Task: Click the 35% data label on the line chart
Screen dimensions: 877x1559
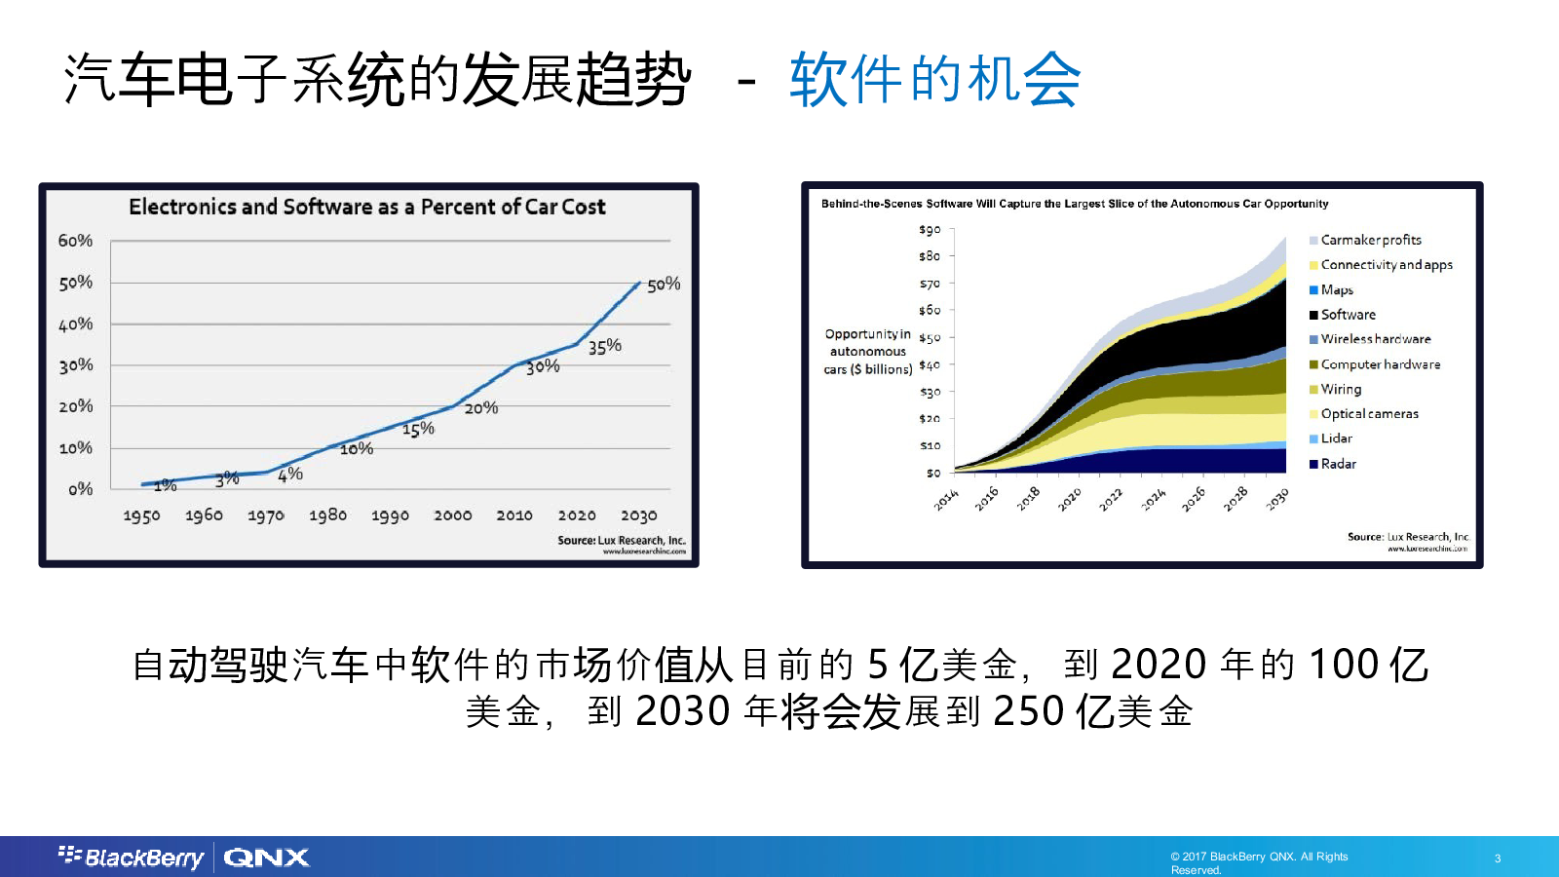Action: (604, 346)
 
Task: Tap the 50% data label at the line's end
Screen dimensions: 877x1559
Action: (664, 285)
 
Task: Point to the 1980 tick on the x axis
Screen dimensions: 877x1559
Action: (327, 515)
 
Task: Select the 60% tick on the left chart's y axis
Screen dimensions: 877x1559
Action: (75, 241)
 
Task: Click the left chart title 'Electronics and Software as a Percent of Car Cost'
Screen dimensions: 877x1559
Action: (366, 207)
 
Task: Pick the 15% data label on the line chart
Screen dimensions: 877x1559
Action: (418, 429)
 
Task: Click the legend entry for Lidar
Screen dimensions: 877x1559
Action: (1336, 438)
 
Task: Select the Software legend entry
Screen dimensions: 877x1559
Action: (1348, 315)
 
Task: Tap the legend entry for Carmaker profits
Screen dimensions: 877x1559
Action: (1370, 240)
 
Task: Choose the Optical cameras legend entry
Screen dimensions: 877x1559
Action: (1369, 414)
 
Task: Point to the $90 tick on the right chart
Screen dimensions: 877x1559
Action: (930, 230)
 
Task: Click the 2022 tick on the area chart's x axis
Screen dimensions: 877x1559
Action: (1111, 500)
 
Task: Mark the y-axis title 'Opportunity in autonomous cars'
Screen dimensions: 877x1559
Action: (867, 352)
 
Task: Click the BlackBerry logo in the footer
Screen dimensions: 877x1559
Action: (132, 857)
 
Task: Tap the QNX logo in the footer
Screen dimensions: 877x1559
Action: (266, 858)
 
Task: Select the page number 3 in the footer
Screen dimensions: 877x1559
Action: (1498, 858)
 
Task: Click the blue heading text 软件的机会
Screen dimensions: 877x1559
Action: (934, 79)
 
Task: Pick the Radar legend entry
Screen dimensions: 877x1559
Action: (1338, 464)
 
